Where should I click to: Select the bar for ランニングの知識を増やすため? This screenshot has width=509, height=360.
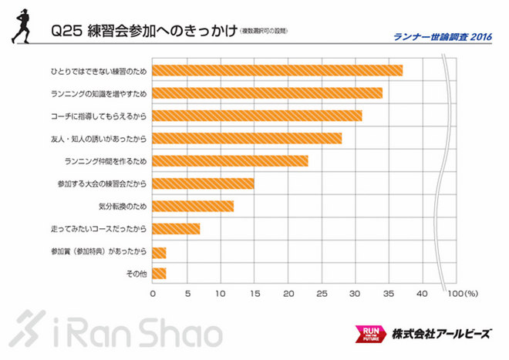coord(268,93)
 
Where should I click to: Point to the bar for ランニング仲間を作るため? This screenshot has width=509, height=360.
coord(231,161)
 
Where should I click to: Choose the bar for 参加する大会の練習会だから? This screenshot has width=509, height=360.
coord(204,183)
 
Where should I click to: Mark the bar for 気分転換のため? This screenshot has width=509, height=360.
coord(194,207)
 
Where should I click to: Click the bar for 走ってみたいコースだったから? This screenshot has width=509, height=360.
coord(177,229)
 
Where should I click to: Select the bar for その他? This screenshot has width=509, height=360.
coord(160,274)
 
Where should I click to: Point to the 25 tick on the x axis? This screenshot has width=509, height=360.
coord(322,294)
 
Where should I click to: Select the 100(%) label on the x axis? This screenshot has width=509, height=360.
coord(463,294)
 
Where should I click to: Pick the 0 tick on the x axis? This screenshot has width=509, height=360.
coord(153,294)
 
